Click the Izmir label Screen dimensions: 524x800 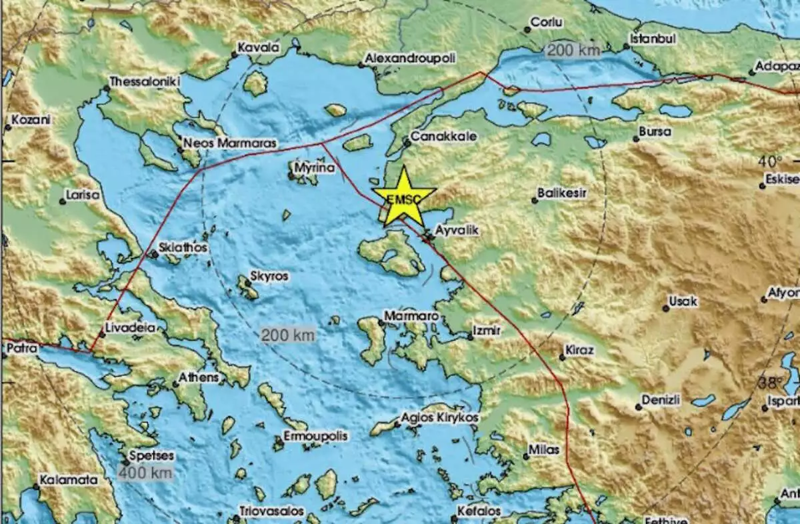[x=486, y=330]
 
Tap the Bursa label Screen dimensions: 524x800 [x=655, y=132]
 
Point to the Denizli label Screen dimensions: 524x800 [x=661, y=401]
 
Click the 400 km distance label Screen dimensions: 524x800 [x=145, y=473]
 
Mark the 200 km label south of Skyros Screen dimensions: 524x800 [x=287, y=335]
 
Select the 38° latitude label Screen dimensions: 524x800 [x=771, y=383]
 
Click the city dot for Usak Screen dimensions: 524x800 [x=665, y=308]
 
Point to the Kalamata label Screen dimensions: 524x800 [x=69, y=479]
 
